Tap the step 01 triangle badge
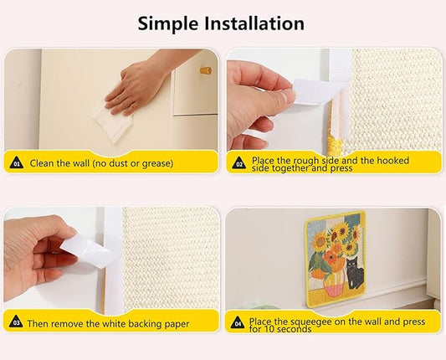[x=16, y=163]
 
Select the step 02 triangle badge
[x=238, y=163]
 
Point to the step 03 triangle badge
[x=16, y=321]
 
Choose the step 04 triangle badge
[x=238, y=321]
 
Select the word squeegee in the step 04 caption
[x=306, y=320]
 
